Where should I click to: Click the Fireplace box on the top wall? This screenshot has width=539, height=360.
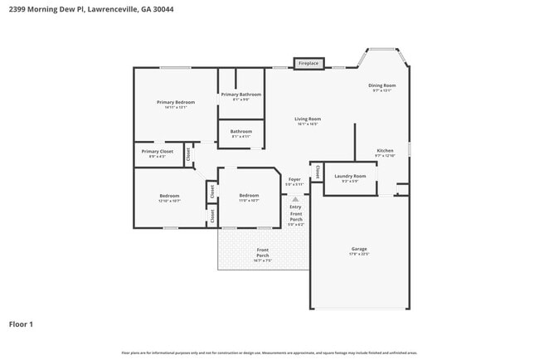tap(308, 63)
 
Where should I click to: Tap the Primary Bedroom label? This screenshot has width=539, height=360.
tap(176, 102)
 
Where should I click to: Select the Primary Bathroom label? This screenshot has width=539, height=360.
tap(240, 95)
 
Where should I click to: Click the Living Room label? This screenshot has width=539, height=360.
tap(308, 119)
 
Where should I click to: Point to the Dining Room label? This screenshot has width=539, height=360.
tap(382, 85)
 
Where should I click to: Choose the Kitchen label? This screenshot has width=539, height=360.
tap(385, 150)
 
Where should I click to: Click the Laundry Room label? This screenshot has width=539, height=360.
tap(350, 176)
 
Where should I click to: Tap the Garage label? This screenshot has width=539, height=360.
tap(359, 249)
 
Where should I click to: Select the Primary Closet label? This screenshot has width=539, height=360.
tap(157, 151)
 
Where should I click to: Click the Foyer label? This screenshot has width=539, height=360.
tap(294, 179)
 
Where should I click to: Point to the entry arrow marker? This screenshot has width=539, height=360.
tap(294, 199)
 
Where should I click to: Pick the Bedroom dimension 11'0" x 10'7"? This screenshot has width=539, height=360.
tap(249, 201)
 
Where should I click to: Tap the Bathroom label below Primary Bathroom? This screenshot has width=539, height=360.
tap(240, 131)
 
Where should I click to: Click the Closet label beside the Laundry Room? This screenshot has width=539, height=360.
tap(316, 173)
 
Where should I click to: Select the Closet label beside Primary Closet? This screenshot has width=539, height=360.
tap(189, 153)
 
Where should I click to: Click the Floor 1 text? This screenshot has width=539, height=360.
tap(21, 324)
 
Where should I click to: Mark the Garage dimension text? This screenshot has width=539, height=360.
tap(359, 254)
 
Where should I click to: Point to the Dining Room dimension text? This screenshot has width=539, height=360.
tap(382, 90)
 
